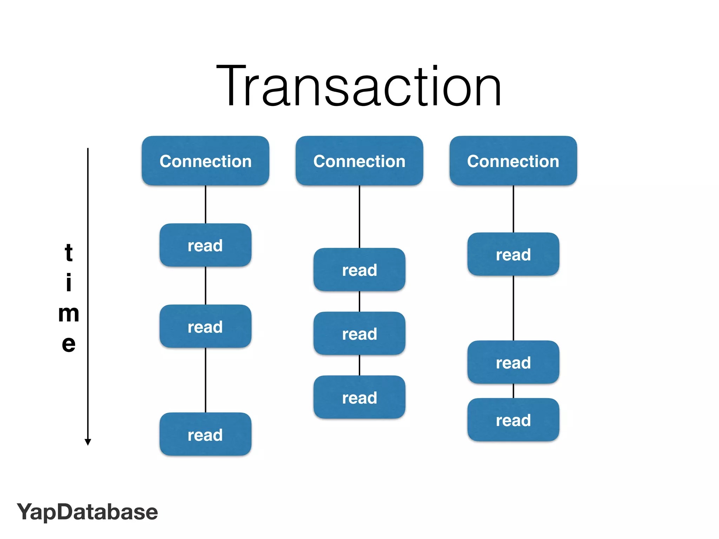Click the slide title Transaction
click(359, 86)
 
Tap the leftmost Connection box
click(205, 161)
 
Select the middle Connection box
click(359, 161)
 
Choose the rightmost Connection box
click(513, 161)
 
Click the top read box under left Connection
click(205, 245)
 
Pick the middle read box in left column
click(205, 327)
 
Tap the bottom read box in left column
click(205, 434)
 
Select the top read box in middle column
click(359, 270)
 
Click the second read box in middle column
click(359, 334)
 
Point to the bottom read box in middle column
click(359, 398)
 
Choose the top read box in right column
click(513, 254)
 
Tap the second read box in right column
click(513, 362)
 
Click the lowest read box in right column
click(513, 420)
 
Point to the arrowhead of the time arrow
click(88, 442)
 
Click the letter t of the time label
click(68, 252)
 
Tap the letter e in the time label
click(68, 344)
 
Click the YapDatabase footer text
click(87, 512)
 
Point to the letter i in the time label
click(69, 282)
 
